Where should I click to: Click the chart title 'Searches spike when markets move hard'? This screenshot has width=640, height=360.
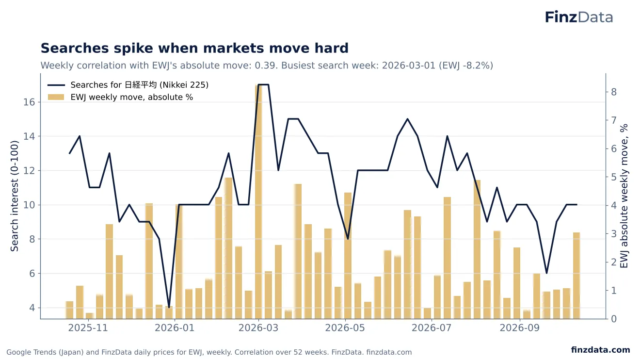coord(194,48)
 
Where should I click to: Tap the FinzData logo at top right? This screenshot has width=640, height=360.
coord(579,17)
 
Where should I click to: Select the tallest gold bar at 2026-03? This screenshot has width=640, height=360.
coord(258,201)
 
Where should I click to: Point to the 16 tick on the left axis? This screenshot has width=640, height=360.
coord(29,102)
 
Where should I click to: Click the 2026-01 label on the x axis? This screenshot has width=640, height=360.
coord(175,327)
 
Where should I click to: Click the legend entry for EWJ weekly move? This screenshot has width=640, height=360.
coord(120,97)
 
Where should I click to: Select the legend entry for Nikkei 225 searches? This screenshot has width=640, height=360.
coord(128,85)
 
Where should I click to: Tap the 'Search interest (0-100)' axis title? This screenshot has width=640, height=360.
coord(14,196)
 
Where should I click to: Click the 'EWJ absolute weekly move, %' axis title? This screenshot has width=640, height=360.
coord(624,196)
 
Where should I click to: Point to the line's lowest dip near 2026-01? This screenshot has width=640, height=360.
coord(169,308)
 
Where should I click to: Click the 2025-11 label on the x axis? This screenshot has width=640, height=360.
coord(88,327)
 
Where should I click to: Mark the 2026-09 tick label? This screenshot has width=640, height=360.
coord(519,327)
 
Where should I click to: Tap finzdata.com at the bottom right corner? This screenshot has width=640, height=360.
coord(601,350)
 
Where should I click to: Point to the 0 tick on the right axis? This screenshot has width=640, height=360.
coord(614,319)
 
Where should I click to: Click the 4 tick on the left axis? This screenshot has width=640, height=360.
coord(32,308)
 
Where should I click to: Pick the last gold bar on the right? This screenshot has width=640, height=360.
coord(576,276)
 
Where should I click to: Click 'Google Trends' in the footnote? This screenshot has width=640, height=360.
coord(28,352)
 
